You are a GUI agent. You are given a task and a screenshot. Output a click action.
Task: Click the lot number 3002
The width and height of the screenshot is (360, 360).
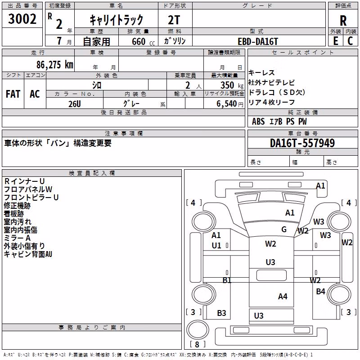coord(22,19)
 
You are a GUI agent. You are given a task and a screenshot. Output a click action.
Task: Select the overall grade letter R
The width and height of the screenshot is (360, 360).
coord(343,21)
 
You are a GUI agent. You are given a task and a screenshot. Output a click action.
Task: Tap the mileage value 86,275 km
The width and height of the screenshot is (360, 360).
coord(55,65)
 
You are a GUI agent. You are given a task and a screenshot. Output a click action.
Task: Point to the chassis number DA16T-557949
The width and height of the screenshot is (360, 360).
coord(302,143)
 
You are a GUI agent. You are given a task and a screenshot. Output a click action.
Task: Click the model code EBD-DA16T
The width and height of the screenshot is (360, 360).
coord(258,41)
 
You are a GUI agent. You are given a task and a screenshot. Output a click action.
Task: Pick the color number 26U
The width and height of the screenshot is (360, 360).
coord(75,104)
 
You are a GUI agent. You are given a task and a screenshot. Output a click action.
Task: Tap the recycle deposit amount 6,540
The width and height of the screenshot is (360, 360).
coord(227,104)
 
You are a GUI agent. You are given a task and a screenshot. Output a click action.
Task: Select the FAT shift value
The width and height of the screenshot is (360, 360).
coord(13,94)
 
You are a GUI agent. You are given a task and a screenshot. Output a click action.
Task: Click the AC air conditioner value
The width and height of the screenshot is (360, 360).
coord(35,94)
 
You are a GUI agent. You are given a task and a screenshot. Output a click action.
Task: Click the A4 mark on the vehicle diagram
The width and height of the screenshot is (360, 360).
coord(283,297)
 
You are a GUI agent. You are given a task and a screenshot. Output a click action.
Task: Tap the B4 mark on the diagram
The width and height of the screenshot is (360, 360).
coord(320,291)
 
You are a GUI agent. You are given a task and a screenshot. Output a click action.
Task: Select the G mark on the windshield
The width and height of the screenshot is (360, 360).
coord(284,229)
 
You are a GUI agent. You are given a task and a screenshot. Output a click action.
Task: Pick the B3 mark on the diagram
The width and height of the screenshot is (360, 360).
coord(221,313)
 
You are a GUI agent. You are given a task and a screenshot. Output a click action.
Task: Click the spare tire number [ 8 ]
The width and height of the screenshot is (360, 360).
coord(197,344)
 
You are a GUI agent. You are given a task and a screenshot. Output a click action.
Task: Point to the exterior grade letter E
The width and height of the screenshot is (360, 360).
coord(336,41)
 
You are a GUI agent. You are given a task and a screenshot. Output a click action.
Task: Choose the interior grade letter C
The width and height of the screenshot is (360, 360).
coord(350,41)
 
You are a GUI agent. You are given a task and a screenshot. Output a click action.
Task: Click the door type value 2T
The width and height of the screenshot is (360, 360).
coord(174,20)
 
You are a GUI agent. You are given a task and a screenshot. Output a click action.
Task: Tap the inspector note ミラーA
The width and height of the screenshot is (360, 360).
coord(17,238)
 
